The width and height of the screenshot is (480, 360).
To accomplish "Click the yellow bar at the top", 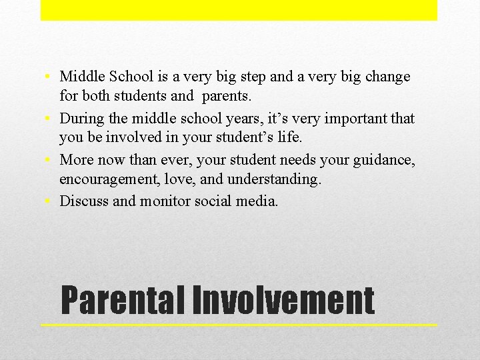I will pos(239,10).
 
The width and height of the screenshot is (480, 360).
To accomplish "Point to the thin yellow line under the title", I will pos(239,325).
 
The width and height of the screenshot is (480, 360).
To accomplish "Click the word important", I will pos(361,119).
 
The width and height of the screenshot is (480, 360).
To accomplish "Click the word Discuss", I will pos(84,201).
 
